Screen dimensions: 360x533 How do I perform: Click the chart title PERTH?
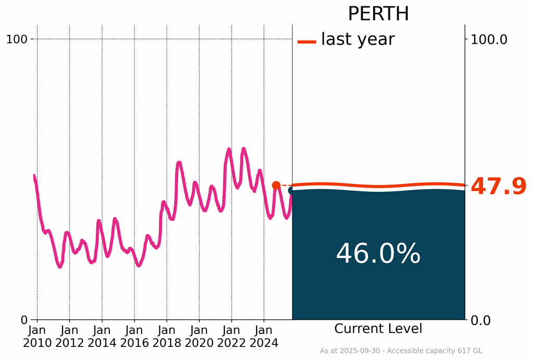click(x=378, y=14)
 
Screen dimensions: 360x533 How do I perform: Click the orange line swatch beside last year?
click(x=307, y=42)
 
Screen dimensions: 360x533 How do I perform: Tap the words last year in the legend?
click(x=358, y=40)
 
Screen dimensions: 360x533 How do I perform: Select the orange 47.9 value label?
click(x=498, y=187)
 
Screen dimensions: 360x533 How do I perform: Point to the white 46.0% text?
click(x=378, y=254)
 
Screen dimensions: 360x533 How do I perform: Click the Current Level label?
click(x=378, y=329)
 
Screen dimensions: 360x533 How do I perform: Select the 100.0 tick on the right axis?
click(x=489, y=39)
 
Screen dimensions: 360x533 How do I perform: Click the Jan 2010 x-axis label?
click(x=37, y=336)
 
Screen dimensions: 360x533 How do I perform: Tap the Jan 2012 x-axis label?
click(x=70, y=336)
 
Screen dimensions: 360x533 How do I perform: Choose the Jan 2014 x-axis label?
click(x=102, y=336)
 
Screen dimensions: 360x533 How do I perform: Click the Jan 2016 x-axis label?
click(x=134, y=336)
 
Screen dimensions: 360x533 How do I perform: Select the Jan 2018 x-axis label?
click(x=167, y=336)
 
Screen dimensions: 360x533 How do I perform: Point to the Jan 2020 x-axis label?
click(x=199, y=336)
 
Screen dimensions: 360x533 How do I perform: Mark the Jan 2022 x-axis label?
click(x=232, y=336)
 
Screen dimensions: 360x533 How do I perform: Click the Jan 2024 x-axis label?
click(x=264, y=336)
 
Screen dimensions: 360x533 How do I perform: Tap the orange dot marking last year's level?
click(x=276, y=185)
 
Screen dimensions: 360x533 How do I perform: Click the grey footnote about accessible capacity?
click(x=401, y=351)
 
